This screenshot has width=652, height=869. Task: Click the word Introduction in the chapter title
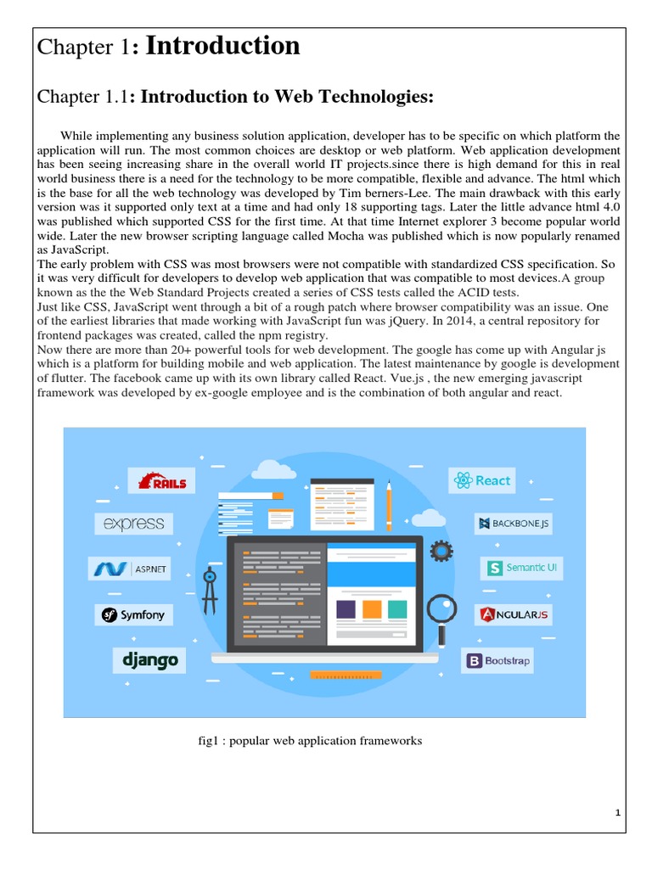coord(223,47)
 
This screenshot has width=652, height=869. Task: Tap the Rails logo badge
coord(162,481)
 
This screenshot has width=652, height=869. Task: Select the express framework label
coord(134,524)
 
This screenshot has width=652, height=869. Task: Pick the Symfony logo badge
coord(133,614)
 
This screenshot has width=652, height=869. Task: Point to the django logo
coord(149,659)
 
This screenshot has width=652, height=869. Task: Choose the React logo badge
coord(482,480)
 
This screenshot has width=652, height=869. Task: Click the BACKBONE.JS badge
coord(514,524)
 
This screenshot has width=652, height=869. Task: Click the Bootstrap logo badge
coord(497,660)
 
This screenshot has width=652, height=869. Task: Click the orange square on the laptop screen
coord(372,609)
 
